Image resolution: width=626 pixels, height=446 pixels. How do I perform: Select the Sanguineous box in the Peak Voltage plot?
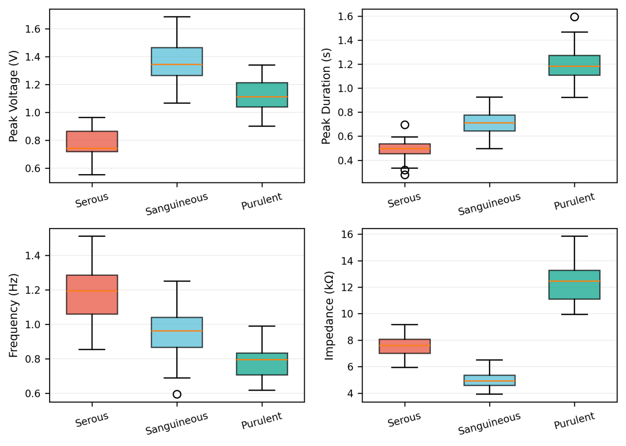click(177, 61)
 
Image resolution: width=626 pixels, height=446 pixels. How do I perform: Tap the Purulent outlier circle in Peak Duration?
click(574, 17)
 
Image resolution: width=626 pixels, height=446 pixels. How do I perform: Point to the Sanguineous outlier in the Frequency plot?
click(177, 394)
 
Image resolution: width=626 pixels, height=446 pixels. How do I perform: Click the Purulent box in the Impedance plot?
click(574, 285)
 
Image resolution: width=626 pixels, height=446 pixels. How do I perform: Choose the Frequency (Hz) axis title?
click(14, 315)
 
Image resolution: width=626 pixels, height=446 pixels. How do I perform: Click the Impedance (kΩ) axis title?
click(330, 315)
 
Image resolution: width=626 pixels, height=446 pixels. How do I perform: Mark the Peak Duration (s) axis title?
click(326, 96)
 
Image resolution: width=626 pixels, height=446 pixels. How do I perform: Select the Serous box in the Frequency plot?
click(92, 294)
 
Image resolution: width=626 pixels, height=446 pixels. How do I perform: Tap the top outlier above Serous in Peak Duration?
click(405, 125)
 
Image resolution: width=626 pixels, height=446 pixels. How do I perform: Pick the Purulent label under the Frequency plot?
click(262, 421)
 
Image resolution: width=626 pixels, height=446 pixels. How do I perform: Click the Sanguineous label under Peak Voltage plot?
click(177, 204)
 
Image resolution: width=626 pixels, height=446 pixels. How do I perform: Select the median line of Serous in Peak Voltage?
click(92, 148)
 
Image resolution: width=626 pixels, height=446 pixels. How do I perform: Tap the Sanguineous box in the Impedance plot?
click(489, 380)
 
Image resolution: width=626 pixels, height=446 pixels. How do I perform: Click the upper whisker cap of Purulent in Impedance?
click(574, 236)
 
